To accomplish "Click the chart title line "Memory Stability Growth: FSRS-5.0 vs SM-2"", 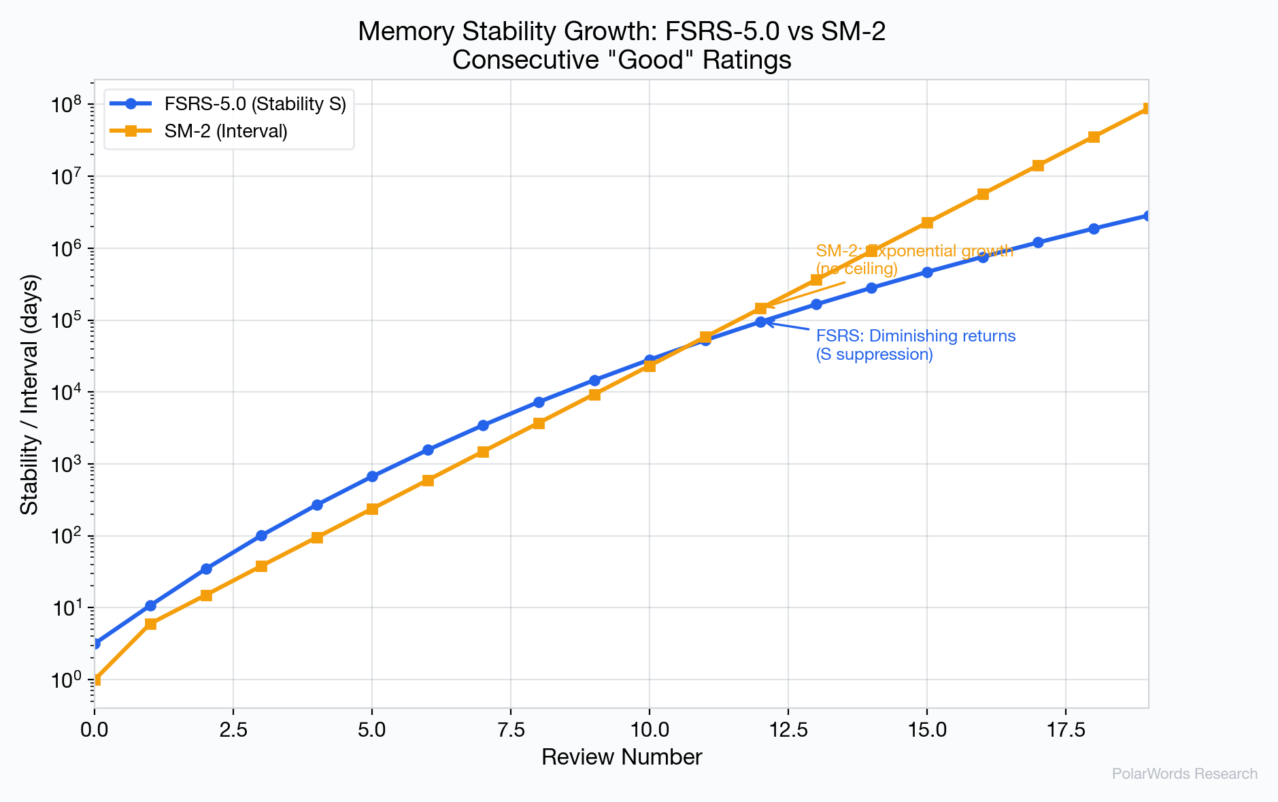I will click(x=622, y=32).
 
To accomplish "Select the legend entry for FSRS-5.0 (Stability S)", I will click(x=254, y=104).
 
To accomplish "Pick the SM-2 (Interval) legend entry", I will click(x=226, y=131).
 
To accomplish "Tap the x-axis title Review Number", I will click(x=622, y=757).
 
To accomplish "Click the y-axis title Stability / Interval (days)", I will click(x=30, y=394).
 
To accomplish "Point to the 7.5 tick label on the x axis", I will click(x=510, y=730).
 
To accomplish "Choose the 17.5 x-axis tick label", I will click(x=1065, y=730).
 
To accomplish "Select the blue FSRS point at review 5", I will click(x=372, y=476).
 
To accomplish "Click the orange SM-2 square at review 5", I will click(x=372, y=509).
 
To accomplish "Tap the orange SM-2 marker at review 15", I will click(x=927, y=222).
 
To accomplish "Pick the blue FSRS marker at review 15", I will click(x=927, y=272).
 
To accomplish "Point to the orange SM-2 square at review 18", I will click(x=1094, y=137).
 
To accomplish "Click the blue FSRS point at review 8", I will click(x=539, y=402).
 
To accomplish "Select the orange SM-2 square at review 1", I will click(x=150, y=624).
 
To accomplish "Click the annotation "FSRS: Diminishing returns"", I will click(x=915, y=336).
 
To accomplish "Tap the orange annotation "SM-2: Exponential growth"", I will click(x=915, y=251).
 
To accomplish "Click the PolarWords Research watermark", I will click(x=1184, y=774).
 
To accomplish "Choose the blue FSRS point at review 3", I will click(x=261, y=535).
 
